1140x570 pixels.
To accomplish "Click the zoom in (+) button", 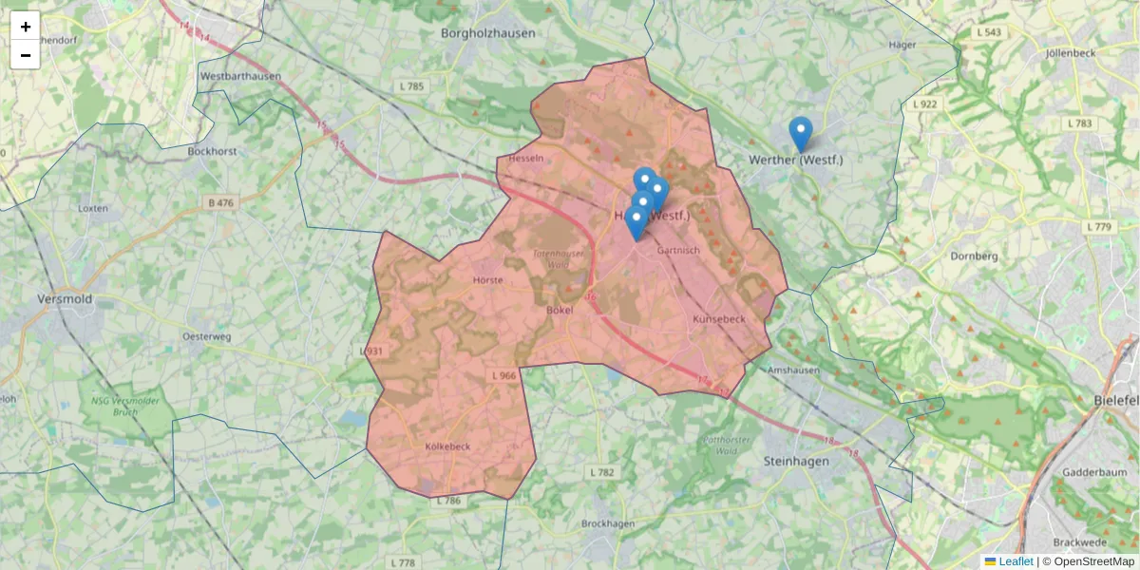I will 26,27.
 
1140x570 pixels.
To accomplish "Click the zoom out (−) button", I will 26,55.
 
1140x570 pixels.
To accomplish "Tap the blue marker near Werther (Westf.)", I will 801,134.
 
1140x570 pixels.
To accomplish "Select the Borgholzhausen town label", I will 488,33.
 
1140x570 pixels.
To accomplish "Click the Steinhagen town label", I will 796,461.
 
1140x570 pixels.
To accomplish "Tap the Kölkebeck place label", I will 447,446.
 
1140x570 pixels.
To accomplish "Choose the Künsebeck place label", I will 720,319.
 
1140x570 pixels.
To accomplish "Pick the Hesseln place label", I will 526,159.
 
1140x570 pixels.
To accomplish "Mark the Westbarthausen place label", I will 240,76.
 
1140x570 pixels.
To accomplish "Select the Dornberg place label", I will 974,256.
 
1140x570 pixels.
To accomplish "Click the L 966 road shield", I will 503,376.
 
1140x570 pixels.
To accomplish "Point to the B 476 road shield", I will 219,202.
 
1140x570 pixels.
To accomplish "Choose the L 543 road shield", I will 989,32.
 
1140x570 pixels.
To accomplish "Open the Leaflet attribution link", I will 1015,561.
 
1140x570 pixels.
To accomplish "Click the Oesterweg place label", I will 207,336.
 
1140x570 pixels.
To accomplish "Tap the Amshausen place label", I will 792,370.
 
